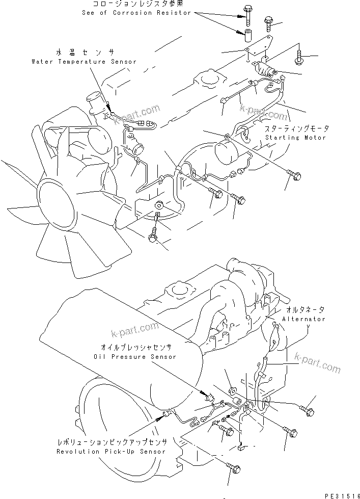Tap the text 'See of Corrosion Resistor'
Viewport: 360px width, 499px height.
point(136,12)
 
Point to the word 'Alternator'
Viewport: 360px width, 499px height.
point(304,319)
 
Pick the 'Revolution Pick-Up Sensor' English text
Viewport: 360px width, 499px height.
point(111,452)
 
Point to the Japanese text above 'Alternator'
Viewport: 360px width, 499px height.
point(304,309)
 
